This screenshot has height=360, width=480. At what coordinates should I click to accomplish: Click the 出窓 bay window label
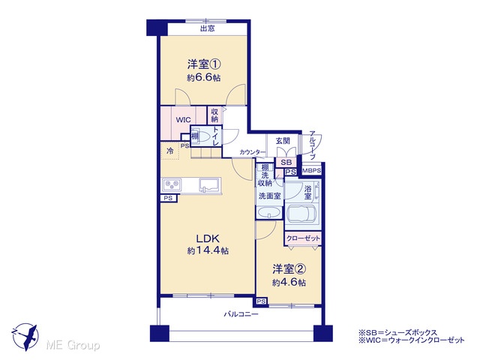click(207, 28)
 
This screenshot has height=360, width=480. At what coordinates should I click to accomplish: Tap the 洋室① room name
click(204, 64)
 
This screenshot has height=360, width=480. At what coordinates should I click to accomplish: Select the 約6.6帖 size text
click(204, 78)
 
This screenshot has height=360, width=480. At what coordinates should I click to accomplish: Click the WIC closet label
click(183, 120)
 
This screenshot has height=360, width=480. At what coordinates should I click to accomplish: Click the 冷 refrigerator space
click(170, 151)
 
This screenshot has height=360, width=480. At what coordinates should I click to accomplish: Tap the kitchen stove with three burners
click(172, 185)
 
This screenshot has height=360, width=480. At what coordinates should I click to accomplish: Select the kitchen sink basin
click(210, 185)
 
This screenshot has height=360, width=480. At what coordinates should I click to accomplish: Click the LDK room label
click(208, 238)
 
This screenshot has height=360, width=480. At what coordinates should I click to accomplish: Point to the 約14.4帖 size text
click(208, 251)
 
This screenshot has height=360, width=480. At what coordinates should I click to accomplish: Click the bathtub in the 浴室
click(302, 213)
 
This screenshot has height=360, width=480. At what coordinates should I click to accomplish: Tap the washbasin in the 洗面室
click(269, 212)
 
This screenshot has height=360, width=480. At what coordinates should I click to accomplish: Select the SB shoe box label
click(286, 163)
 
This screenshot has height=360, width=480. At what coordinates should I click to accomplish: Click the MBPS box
click(312, 170)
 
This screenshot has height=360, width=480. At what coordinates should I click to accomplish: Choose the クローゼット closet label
click(303, 238)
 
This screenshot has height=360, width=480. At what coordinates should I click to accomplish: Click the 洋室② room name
click(289, 269)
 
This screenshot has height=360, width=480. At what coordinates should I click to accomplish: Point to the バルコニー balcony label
click(241, 314)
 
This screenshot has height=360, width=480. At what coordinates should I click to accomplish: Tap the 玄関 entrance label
click(283, 141)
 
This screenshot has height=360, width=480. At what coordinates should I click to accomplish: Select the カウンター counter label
click(253, 151)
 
